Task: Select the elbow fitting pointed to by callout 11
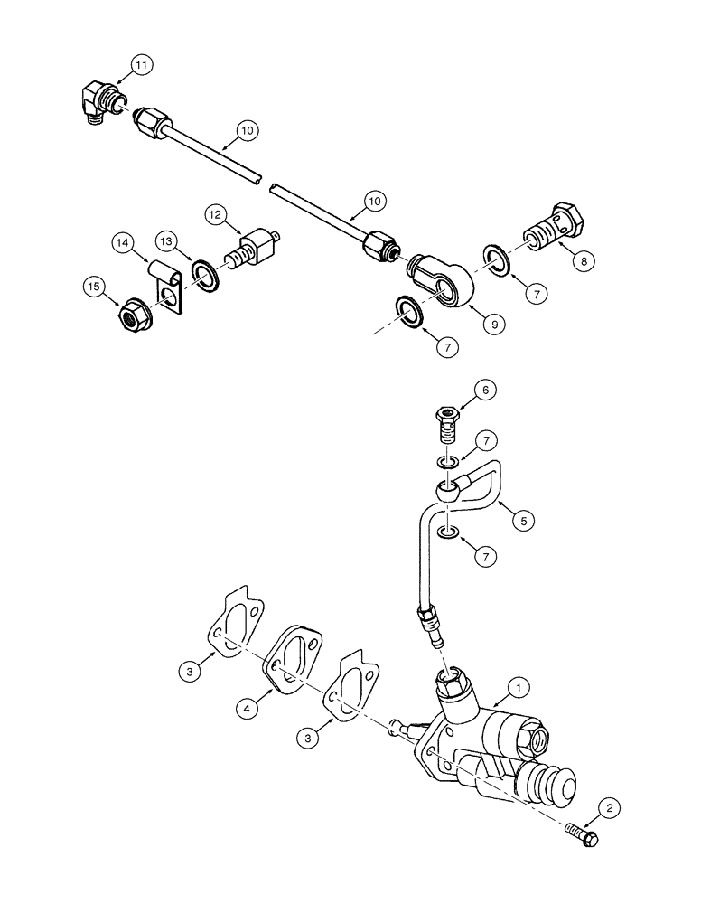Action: (98, 101)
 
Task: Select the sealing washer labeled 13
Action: (203, 277)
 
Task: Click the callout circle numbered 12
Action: (216, 215)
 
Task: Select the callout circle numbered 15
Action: (93, 287)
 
